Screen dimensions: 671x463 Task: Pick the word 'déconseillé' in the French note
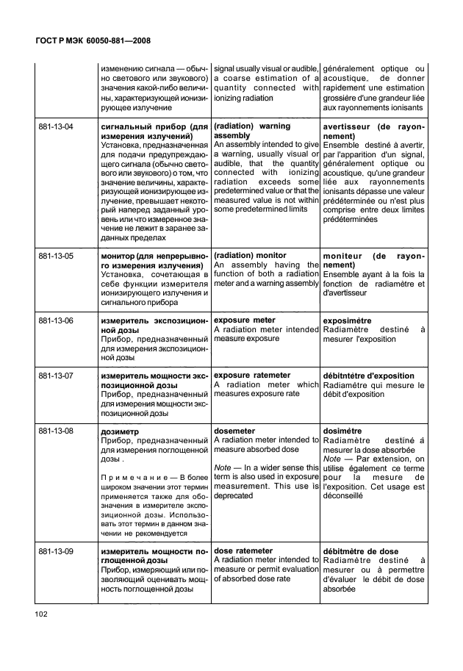[342, 495]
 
